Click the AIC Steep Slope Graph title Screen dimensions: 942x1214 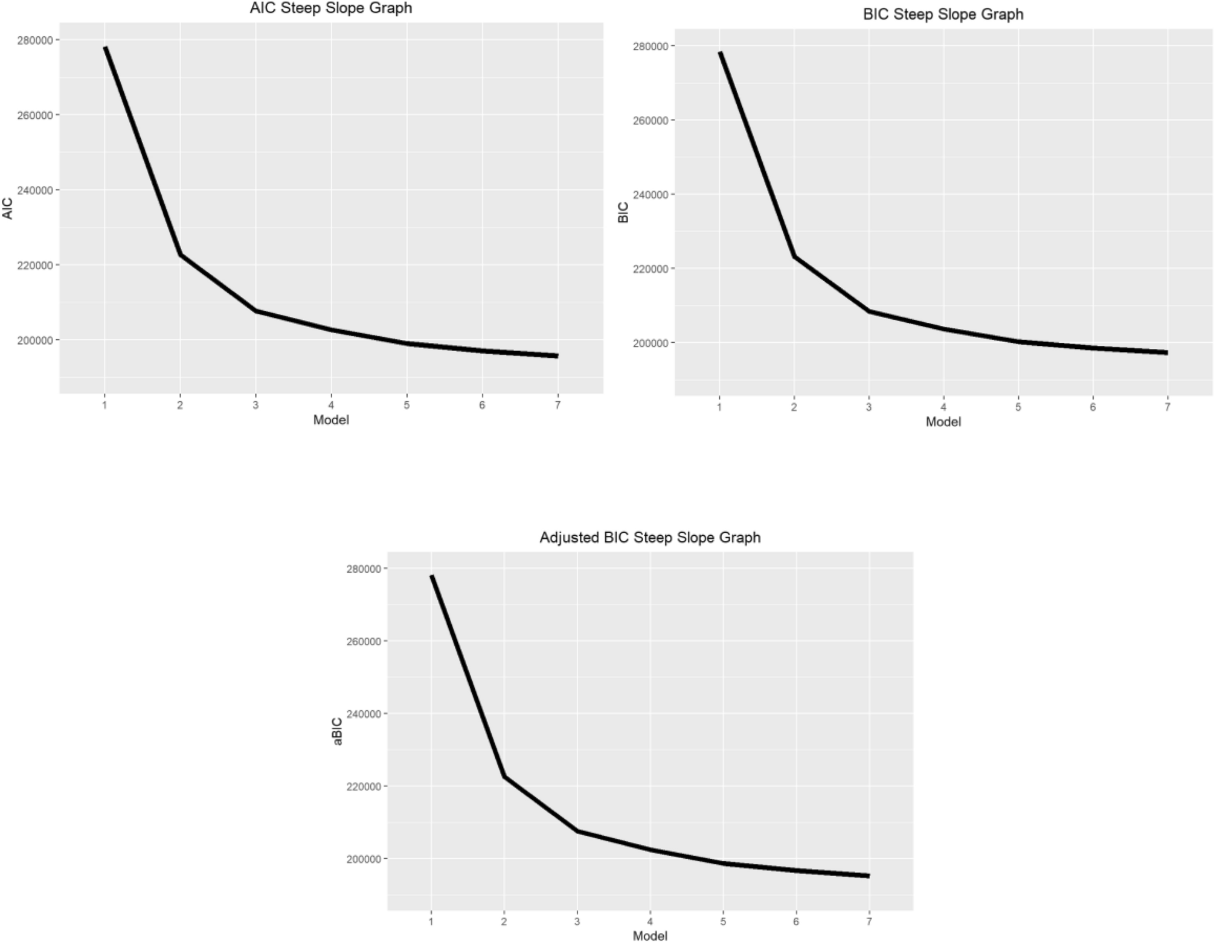[x=331, y=8]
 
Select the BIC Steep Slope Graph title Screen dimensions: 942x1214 [x=943, y=14]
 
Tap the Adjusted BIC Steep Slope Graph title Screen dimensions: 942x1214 [x=650, y=538]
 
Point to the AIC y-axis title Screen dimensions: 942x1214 [x=8, y=209]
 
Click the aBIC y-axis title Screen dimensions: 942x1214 [x=338, y=731]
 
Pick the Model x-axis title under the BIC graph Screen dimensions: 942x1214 [x=943, y=422]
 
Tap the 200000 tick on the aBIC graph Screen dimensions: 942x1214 [x=363, y=859]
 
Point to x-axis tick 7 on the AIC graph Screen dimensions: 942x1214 [x=557, y=406]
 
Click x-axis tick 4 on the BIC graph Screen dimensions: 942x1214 [x=943, y=407]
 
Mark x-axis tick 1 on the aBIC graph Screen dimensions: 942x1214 [x=431, y=921]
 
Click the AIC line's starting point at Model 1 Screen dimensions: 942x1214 [x=105, y=48]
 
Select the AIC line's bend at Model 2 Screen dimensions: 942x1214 [x=180, y=255]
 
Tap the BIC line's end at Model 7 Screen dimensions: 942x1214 [x=1167, y=352]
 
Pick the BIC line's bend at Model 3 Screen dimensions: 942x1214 [x=869, y=311]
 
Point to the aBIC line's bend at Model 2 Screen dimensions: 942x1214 [x=504, y=777]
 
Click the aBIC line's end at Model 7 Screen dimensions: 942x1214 [x=869, y=876]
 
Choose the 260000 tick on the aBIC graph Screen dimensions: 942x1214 [x=363, y=641]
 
